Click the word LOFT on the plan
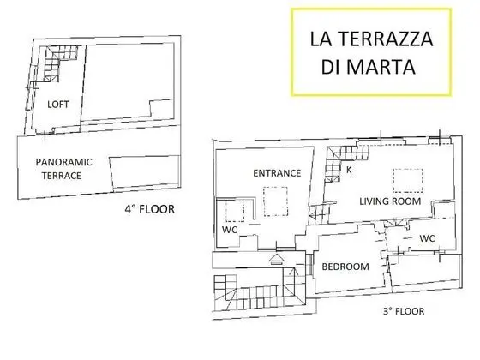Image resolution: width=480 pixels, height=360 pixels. point(58,105)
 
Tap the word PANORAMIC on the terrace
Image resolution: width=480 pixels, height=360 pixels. point(63,162)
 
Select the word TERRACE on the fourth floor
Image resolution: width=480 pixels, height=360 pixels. point(62,176)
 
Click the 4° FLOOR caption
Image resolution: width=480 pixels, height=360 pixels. point(150,209)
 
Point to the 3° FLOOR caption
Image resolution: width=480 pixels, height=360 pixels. point(404,311)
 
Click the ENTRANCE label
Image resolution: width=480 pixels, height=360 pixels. point(277,173)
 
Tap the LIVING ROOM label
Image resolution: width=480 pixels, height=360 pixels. point(390,201)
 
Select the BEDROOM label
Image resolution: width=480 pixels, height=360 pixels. point(345,267)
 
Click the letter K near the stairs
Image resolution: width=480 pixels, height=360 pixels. point(349,170)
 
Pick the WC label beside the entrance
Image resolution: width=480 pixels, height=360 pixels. point(230,230)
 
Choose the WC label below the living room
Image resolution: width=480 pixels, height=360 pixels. point(428,238)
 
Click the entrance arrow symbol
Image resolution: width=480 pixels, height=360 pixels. point(277,259)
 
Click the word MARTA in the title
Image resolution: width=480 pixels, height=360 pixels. point(381,67)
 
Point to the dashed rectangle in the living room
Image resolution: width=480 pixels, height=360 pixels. point(408,181)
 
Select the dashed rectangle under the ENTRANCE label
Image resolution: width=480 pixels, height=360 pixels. point(275,201)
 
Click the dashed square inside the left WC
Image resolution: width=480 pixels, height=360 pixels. point(235,211)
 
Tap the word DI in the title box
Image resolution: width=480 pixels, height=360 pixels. point(331,67)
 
